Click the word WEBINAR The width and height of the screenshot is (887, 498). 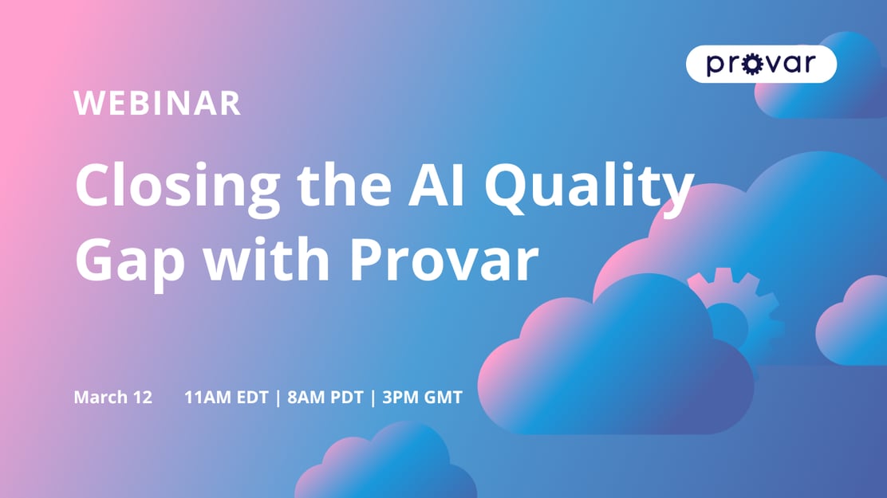(157, 104)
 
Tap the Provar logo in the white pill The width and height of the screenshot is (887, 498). (761, 64)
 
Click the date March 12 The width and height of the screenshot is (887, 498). (112, 397)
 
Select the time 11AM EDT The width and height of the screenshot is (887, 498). (226, 397)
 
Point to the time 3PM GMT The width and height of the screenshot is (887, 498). (422, 397)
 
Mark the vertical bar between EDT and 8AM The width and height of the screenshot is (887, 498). (277, 397)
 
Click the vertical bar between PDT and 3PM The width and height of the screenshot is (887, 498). (372, 397)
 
